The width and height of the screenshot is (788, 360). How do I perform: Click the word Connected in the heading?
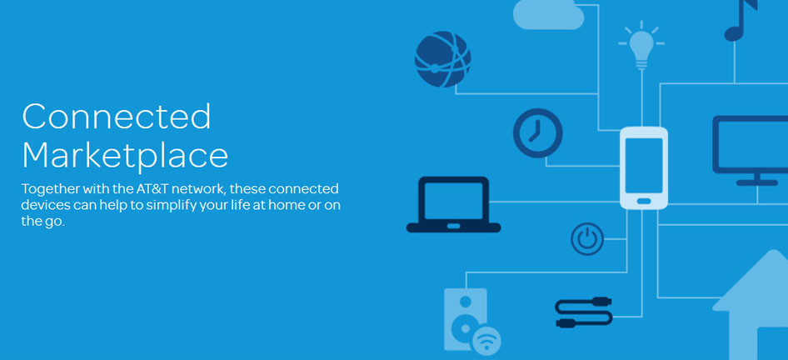117,116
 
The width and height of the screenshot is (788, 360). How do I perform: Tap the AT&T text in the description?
151,189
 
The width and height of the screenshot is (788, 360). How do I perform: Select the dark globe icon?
443,59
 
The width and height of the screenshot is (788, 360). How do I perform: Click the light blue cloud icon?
548,14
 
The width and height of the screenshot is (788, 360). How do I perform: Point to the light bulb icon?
641,45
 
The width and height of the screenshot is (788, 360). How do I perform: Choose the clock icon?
538,133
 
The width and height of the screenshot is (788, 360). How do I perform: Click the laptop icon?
453,205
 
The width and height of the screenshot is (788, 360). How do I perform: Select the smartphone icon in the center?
644,168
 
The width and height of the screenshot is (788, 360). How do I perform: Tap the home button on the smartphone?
644,201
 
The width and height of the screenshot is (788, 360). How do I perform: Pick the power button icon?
587,239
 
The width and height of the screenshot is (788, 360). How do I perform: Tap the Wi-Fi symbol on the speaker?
486,339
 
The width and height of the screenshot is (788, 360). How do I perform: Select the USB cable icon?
583,312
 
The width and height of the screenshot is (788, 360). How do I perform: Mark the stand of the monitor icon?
757,179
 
